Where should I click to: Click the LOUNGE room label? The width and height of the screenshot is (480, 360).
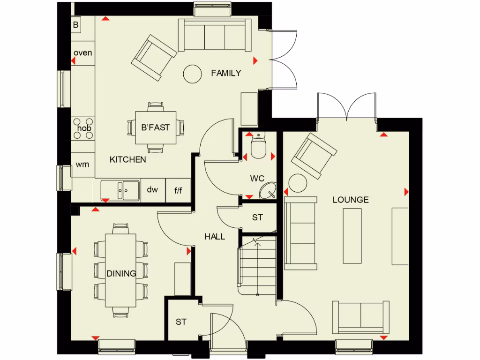pos(350,200)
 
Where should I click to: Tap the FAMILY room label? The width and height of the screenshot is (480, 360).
pos(226,73)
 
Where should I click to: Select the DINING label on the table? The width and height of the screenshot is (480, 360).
pos(121,274)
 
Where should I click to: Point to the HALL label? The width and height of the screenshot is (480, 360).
pos(215,237)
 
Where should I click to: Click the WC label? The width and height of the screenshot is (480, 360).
pos(257,179)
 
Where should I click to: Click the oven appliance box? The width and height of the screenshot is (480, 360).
pos(83,53)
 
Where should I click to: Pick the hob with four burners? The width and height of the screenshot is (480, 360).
pos(83,128)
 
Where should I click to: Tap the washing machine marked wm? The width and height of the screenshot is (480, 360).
pos(83,165)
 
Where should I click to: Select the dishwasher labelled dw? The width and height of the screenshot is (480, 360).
pos(153,190)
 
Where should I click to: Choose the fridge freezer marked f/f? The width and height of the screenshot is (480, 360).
pos(179,190)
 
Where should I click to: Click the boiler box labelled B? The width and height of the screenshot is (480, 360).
pos(76,25)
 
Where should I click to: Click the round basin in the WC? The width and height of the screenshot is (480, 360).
pos(267,191)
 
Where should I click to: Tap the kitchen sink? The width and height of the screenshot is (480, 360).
pos(120,190)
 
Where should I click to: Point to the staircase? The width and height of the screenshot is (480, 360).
pos(257,267)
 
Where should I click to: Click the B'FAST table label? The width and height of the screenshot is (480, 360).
pos(155,127)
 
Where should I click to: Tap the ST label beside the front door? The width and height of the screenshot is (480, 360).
pos(181,322)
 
